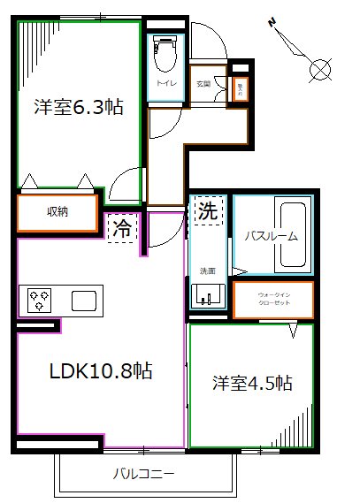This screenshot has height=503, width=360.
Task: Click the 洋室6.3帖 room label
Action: pyautogui.click(x=78, y=108)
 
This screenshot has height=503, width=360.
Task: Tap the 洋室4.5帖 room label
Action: pyautogui.click(x=253, y=384)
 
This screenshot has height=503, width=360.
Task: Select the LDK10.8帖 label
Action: pyautogui.click(x=100, y=371)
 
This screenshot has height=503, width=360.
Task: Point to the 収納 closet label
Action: pyautogui.click(x=58, y=212)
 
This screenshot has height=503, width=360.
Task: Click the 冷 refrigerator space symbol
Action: pyautogui.click(x=123, y=229)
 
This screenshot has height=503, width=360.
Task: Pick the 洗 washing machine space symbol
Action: pyautogui.click(x=206, y=212)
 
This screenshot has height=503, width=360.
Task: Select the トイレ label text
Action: pyautogui.click(x=165, y=84)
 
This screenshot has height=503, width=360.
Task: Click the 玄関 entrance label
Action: pyautogui.click(x=203, y=84)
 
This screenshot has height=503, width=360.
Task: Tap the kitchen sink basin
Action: pyautogui.click(x=85, y=299)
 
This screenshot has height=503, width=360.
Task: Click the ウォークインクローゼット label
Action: pyautogui.click(x=272, y=299)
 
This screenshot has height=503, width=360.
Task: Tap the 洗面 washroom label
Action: pyautogui.click(x=207, y=271)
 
